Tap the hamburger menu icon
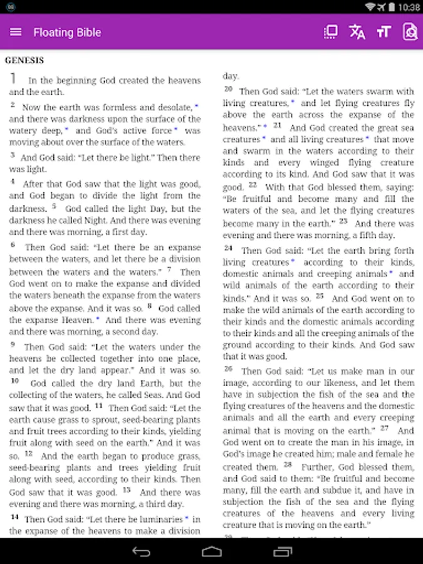(x=16, y=32)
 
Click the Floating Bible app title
(x=67, y=32)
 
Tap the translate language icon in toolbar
(x=357, y=32)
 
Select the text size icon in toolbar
(x=384, y=32)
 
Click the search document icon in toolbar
(x=410, y=32)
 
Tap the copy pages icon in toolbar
(x=330, y=32)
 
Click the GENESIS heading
(x=24, y=61)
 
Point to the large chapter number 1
(x=13, y=79)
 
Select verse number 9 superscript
(x=13, y=344)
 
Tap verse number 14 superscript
(x=14, y=517)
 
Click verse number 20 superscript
(x=229, y=89)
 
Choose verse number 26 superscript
(x=229, y=368)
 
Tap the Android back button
(x=141, y=551)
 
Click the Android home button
(x=212, y=551)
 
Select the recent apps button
(x=282, y=551)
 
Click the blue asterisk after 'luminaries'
(x=186, y=518)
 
